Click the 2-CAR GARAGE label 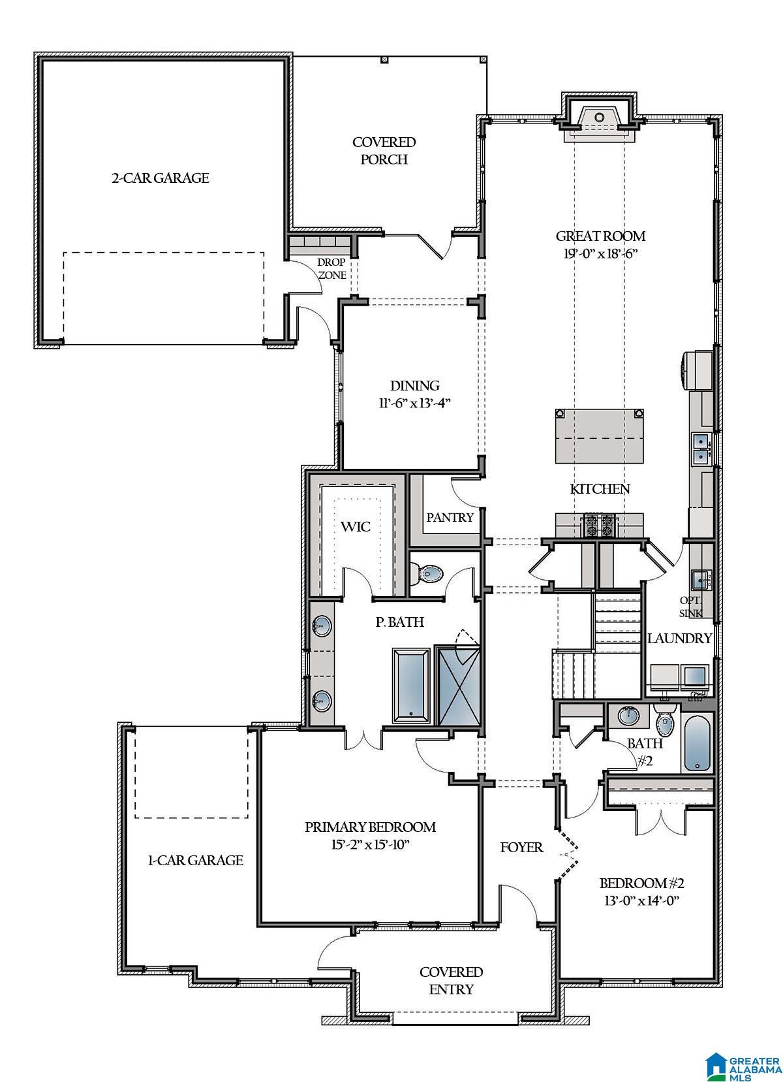point(161,178)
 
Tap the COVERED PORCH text point(384,151)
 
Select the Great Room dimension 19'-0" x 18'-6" point(600,253)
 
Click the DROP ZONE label point(332,268)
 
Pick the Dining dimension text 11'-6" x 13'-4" point(414,403)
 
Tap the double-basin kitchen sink point(701,449)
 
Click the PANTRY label point(450,517)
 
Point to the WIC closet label point(356,526)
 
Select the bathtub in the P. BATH point(411,685)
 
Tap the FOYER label point(521,848)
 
